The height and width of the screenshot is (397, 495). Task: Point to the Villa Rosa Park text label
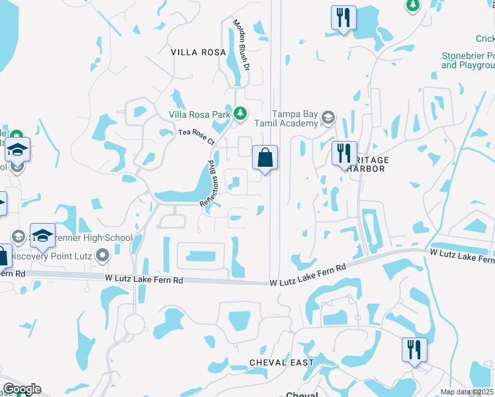[200, 114]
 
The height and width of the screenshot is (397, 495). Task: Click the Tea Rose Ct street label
[197, 137]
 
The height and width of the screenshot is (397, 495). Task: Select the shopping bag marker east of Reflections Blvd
[265, 158]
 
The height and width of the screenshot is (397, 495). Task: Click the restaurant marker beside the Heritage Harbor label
[344, 154]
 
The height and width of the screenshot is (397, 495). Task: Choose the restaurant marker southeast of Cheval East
[414, 350]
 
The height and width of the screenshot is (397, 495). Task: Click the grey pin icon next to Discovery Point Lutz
[102, 255]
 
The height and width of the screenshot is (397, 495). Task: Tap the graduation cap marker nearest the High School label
[42, 236]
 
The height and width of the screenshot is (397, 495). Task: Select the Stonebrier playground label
[468, 61]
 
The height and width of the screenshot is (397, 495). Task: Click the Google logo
[21, 389]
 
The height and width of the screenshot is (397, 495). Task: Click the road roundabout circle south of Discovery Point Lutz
[135, 324]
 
